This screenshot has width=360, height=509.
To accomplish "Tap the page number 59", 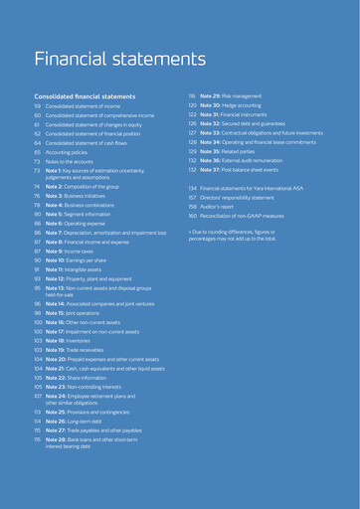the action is coord(38,105).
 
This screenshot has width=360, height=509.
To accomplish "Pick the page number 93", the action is coord(37,277).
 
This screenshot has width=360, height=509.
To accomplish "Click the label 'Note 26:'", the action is coord(60,420).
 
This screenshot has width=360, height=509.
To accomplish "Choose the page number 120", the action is coord(193,104).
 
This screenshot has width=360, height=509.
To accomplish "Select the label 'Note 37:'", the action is coord(213,168).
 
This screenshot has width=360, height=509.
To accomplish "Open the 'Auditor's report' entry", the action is coord(222,206).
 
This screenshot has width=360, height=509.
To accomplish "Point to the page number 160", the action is coord(193,215).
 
